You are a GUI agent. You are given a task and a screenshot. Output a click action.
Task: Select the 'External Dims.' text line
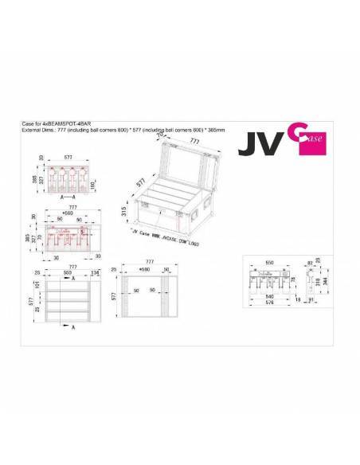click(112, 130)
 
